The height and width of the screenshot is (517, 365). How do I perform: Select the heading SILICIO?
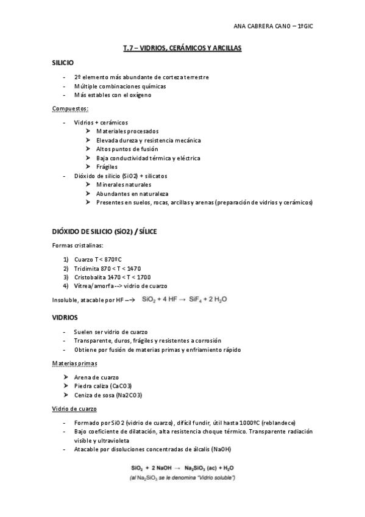pyautogui.click(x=63, y=63)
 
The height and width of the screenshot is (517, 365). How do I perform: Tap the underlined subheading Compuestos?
pyautogui.click(x=70, y=109)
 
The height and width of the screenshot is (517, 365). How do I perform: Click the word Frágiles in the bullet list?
pyautogui.click(x=107, y=166)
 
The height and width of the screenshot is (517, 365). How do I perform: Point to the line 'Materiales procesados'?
pyautogui.click(x=127, y=131)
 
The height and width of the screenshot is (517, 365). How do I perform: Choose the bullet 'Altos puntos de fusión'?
pyautogui.click(x=127, y=149)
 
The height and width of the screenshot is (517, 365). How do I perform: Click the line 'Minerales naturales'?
pyautogui.click(x=124, y=184)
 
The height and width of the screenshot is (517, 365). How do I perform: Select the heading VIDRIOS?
pyautogui.click(x=64, y=317)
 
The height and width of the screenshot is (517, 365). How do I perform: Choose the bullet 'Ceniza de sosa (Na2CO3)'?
pyautogui.click(x=110, y=395)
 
